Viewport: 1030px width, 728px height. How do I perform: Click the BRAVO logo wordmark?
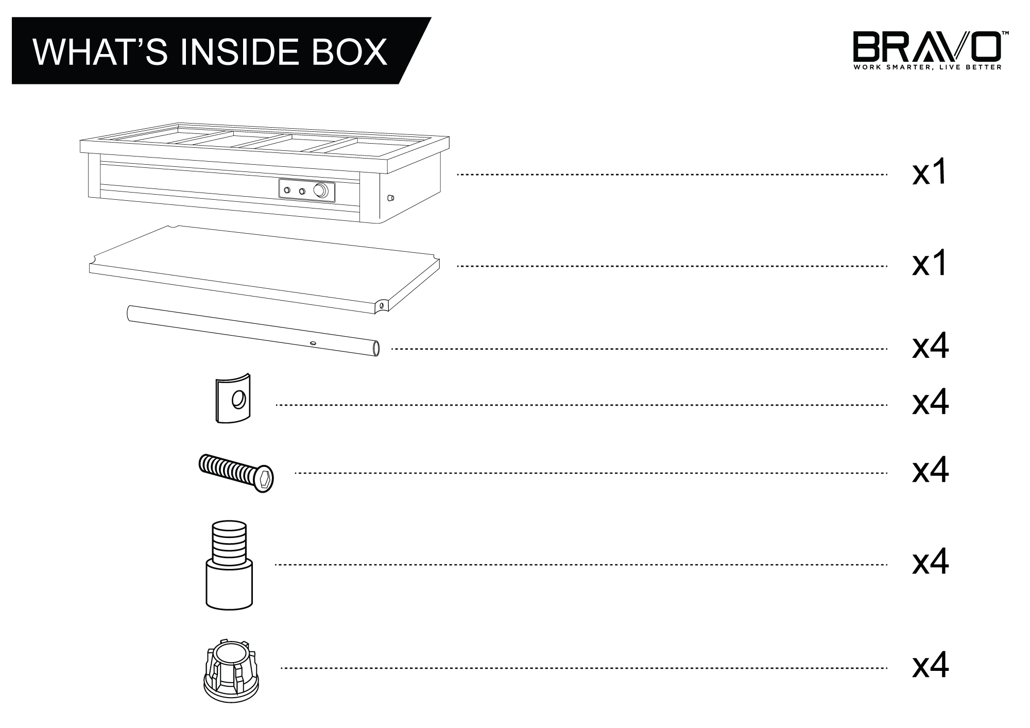coord(927,46)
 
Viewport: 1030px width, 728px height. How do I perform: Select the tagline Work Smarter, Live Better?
coord(927,67)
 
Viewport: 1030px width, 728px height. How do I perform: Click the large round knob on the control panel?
coord(320,191)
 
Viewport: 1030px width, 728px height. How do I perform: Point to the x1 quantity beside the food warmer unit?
coord(929,174)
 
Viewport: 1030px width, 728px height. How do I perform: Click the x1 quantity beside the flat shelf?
coord(929,265)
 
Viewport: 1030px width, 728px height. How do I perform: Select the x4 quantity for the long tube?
coord(930,348)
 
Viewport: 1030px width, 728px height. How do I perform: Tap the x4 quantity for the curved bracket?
coord(930,403)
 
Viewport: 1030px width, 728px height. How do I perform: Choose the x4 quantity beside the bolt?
coord(930,472)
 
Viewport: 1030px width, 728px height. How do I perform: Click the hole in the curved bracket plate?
coord(238,400)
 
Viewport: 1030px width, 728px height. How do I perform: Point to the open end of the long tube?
coord(376,349)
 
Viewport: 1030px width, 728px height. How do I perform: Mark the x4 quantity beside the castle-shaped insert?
coord(930,667)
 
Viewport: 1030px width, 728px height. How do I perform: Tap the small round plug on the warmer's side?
coord(390,198)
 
